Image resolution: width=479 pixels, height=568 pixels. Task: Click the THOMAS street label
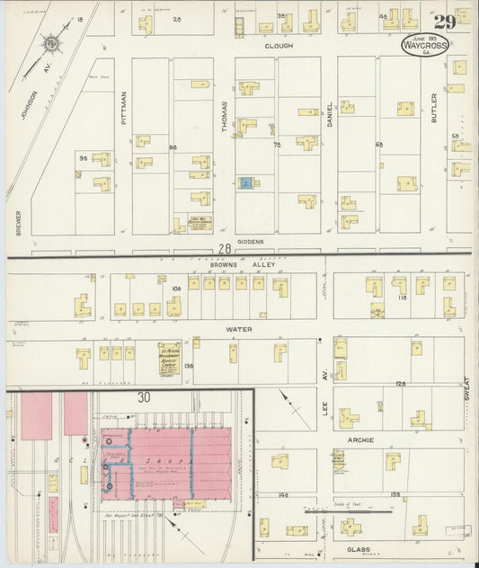pyautogui.click(x=225, y=116)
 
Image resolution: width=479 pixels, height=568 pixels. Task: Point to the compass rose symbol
pyautogui.click(x=52, y=42)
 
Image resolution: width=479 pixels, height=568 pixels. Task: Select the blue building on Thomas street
pyautogui.click(x=244, y=182)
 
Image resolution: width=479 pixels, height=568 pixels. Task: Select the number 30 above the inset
pyautogui.click(x=142, y=396)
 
